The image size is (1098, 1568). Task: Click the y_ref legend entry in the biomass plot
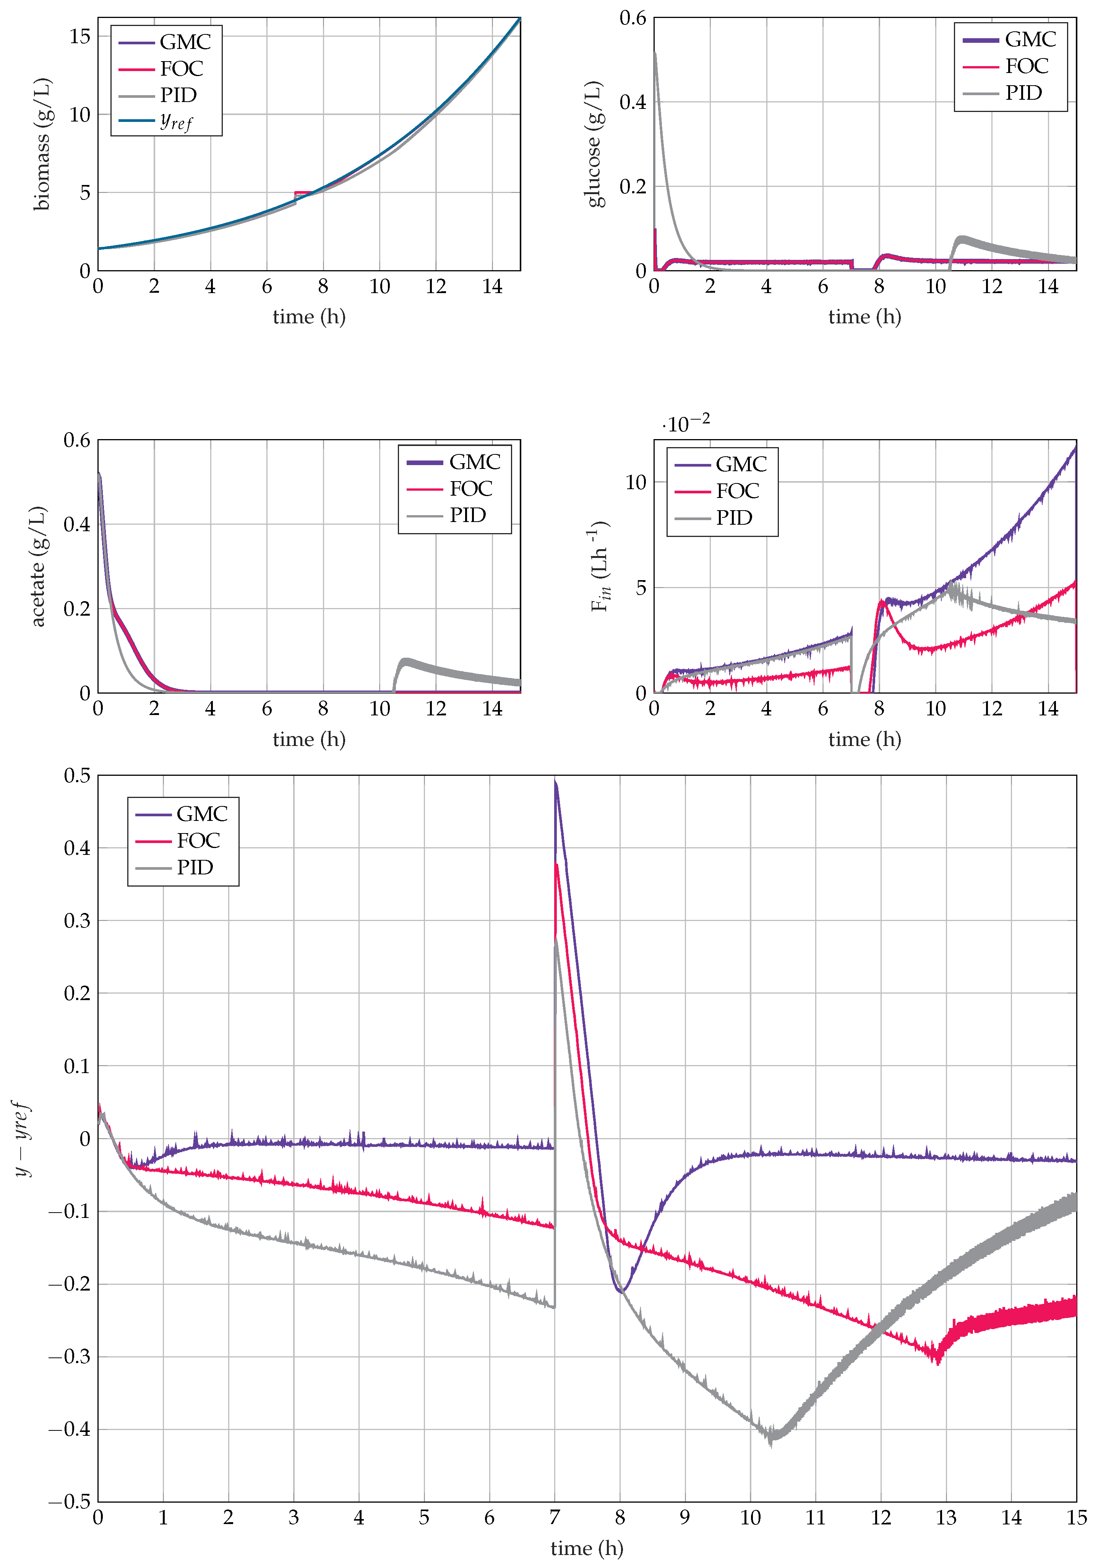coord(176,122)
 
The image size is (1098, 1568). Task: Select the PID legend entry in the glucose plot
coord(1023,93)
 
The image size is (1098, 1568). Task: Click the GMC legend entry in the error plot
coord(201,813)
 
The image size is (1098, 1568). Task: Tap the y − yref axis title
coord(22,1138)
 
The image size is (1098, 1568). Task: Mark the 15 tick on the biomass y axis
coord(80,36)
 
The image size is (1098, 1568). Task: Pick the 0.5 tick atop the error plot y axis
coord(77,775)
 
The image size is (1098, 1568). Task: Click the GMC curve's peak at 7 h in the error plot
coord(556,782)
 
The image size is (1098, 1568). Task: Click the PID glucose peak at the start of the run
coord(655,53)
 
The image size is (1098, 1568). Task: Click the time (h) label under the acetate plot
coord(309,739)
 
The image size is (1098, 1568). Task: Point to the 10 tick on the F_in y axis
coord(635,482)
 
